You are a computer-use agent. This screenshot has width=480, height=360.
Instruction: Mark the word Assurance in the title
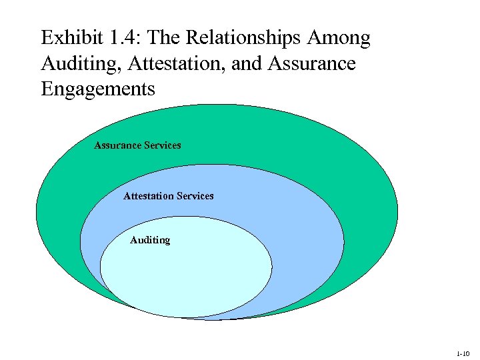[x=312, y=64]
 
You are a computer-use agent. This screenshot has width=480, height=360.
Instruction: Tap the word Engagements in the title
[x=98, y=89]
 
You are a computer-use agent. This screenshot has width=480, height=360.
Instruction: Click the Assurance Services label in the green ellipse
[x=137, y=145]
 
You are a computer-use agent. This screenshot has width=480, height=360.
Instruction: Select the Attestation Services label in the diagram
[x=169, y=195]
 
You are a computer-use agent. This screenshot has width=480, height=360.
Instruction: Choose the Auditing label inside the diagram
[x=150, y=240]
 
